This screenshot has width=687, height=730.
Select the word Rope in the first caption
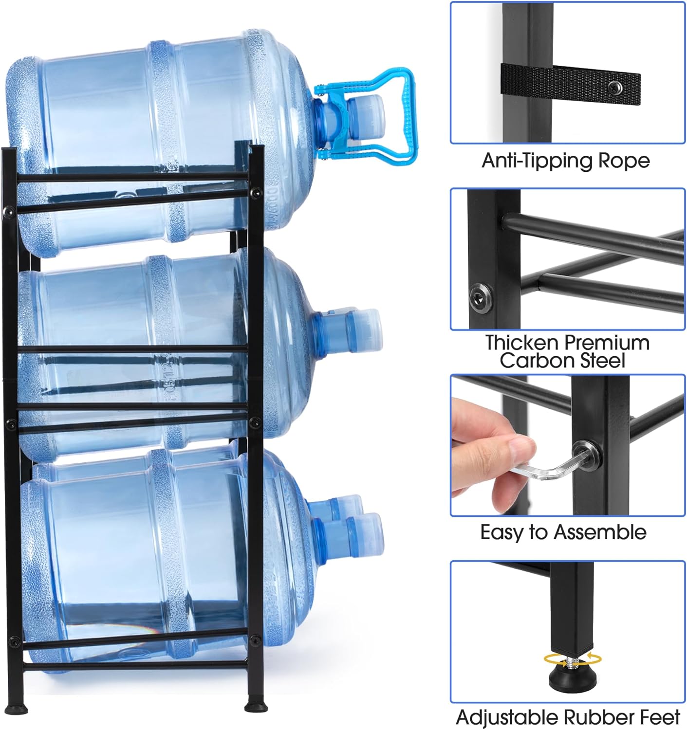point(624,161)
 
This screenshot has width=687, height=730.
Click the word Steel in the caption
point(602,361)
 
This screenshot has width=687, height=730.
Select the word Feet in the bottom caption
point(661,718)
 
